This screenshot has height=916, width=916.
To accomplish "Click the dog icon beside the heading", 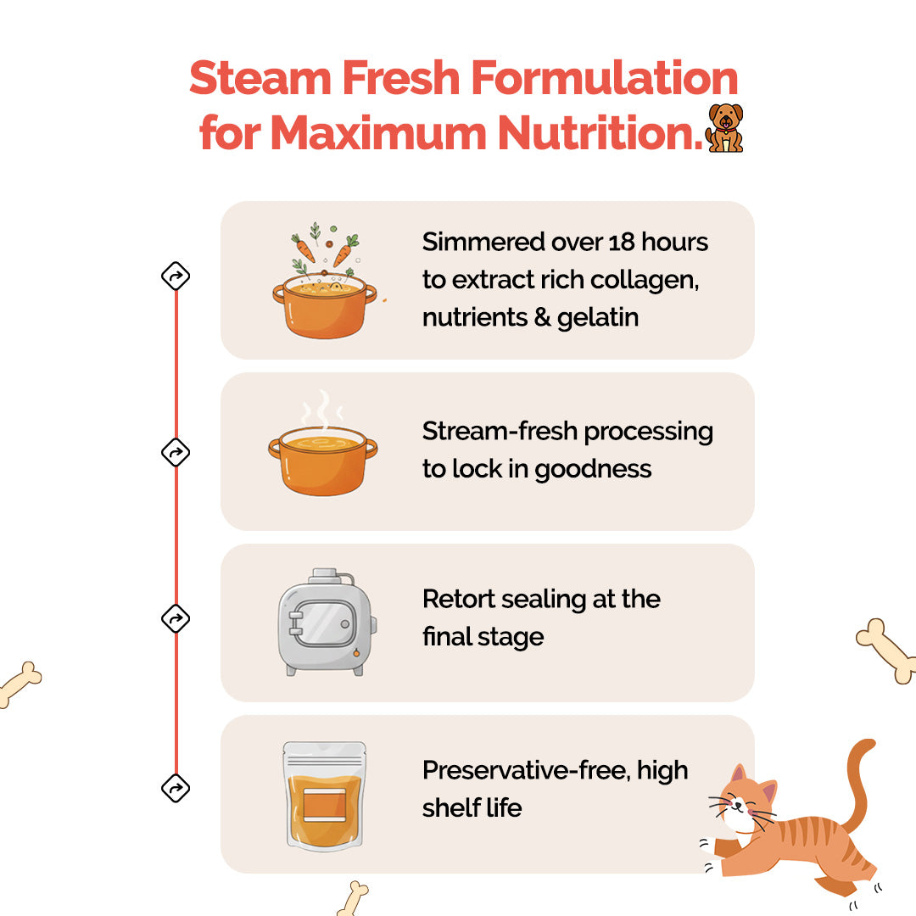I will (x=724, y=128).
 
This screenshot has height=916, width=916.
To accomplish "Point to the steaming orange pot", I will (x=322, y=450).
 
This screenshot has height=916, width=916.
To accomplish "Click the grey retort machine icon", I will (x=327, y=623).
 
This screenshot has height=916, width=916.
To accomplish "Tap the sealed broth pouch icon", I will (x=324, y=796).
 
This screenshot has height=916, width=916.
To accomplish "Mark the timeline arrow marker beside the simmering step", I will (x=176, y=276).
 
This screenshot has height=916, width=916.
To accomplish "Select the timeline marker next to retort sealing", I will (x=176, y=619).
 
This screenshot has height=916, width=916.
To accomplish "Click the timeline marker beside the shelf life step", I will (x=176, y=789).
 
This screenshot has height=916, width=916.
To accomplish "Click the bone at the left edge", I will (x=19, y=684).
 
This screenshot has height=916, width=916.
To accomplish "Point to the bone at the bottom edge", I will (x=353, y=897).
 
